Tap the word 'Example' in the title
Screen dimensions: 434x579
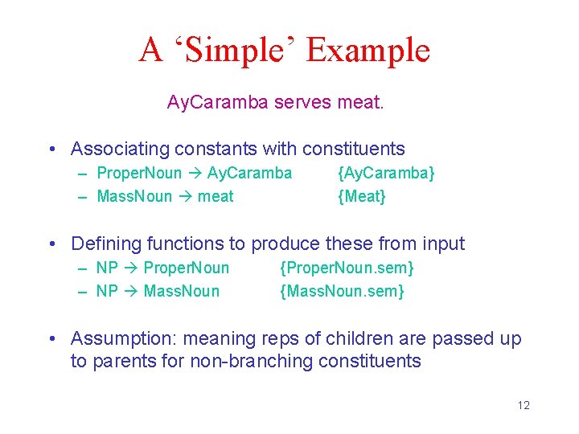368,50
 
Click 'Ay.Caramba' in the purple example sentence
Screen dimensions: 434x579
218,102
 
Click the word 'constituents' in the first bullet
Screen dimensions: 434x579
354,149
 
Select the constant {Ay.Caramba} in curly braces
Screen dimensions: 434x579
386,173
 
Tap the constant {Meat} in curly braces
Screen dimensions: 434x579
362,196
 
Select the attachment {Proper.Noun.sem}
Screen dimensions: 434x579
347,268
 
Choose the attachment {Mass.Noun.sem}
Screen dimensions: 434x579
342,291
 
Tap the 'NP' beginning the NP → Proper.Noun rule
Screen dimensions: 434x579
107,268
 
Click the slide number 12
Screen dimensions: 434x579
524,405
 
